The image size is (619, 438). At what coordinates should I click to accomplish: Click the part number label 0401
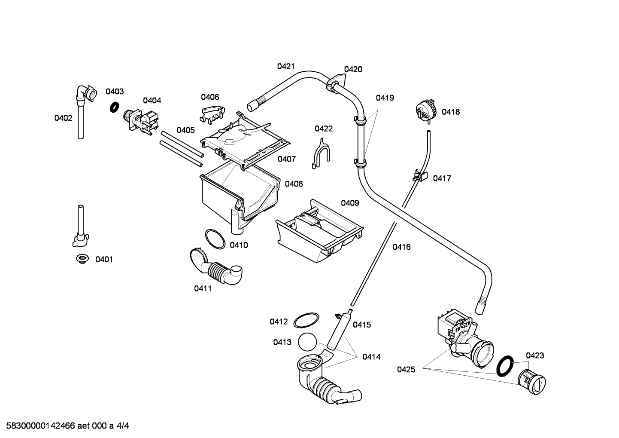point(104,259)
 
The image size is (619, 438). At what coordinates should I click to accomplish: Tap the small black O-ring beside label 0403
point(114,107)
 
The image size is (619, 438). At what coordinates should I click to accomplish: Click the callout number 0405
point(185,130)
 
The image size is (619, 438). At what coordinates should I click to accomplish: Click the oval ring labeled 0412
point(306,321)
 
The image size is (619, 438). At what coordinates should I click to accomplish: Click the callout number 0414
point(371,356)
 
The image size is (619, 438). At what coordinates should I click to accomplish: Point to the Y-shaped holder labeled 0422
point(320,152)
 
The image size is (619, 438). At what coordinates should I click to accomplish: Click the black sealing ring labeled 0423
point(505,366)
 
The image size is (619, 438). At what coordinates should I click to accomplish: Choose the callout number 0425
point(406,369)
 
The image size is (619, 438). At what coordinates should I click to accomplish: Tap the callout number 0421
point(285,66)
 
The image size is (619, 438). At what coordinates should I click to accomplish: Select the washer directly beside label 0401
point(82,258)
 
